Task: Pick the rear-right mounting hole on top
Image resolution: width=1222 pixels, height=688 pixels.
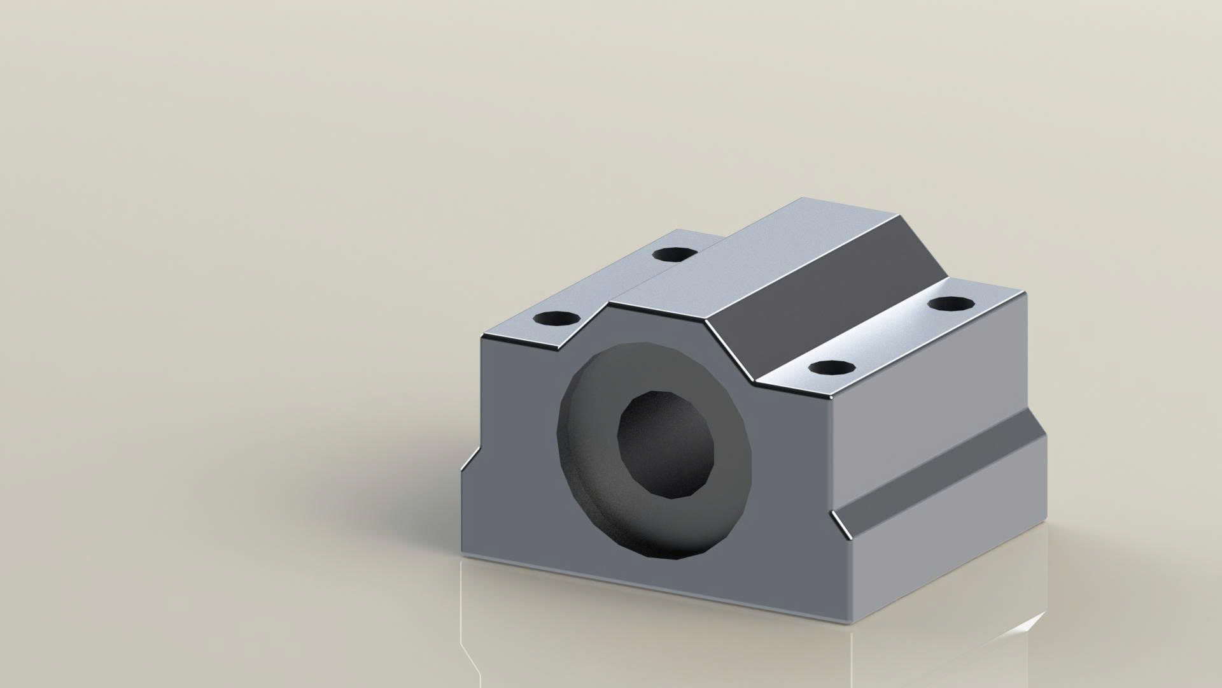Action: [x=951, y=303]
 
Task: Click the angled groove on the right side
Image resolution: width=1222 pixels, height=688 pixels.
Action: [x=942, y=471]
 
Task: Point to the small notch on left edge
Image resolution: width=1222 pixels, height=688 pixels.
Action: [x=471, y=459]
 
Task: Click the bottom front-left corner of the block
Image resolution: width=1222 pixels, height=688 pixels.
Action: [x=463, y=554]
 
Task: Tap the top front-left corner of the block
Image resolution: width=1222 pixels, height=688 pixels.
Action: [x=482, y=336]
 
